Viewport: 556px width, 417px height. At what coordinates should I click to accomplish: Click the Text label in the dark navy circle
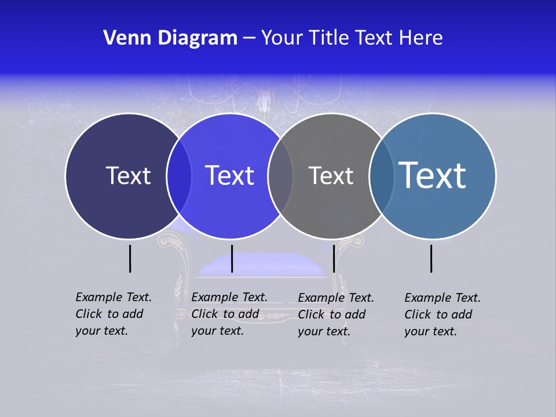coord(128,175)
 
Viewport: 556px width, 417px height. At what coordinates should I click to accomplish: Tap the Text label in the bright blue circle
coord(230,175)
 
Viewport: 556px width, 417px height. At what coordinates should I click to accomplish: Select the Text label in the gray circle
coord(331,175)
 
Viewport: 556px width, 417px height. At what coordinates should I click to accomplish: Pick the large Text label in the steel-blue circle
coord(433,175)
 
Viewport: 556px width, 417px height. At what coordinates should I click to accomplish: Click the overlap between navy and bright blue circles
coord(179,175)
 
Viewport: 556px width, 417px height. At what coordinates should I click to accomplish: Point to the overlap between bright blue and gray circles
coord(280,175)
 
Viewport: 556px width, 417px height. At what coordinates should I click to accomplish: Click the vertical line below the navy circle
coord(130,258)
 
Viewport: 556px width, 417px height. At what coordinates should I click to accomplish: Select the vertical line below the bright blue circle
coord(232,258)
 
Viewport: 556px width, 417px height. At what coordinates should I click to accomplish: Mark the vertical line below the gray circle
coord(334,258)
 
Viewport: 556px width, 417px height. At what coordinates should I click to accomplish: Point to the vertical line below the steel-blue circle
coord(431,258)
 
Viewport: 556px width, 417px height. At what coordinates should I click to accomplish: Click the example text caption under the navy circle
coord(113,314)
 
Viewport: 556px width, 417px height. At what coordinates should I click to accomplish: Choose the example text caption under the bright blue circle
coord(229,314)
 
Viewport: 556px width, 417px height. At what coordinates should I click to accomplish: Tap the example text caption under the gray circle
coord(335,314)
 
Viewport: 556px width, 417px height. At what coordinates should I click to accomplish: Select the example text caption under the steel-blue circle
coord(442,314)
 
